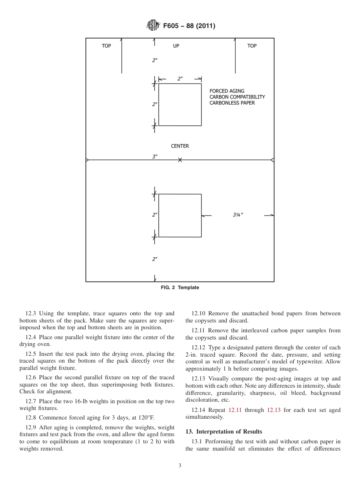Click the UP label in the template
(x=176, y=46)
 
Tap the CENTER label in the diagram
(x=180, y=146)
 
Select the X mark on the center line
(x=180, y=160)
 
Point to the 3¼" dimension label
(x=238, y=215)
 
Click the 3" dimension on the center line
(x=155, y=156)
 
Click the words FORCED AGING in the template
(x=227, y=91)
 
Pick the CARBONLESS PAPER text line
(x=232, y=103)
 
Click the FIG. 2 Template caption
(x=180, y=288)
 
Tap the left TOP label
(x=106, y=46)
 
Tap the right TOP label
(x=252, y=46)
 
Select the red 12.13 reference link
(x=274, y=410)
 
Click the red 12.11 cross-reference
(x=235, y=410)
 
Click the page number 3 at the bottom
(x=180, y=466)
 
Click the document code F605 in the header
(x=171, y=26)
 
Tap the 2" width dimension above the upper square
(x=180, y=79)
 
